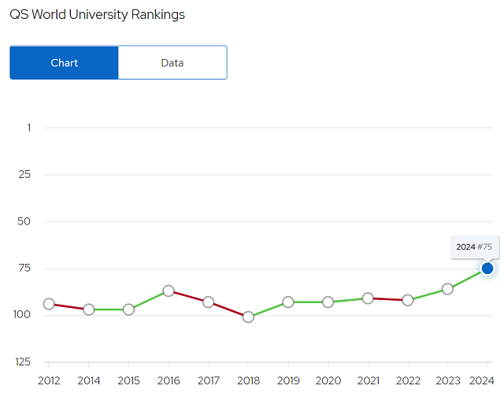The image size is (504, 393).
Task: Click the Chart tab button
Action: [x=65, y=63]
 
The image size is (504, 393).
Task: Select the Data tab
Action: [x=172, y=63]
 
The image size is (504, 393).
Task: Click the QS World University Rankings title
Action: [x=97, y=15]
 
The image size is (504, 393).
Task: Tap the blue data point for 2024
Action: [x=487, y=269]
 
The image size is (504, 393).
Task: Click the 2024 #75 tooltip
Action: [x=475, y=247]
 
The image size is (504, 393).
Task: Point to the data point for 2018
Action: [x=248, y=317]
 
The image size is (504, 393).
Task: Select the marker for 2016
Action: [x=169, y=291]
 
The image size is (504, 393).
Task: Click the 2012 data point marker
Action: [x=49, y=304]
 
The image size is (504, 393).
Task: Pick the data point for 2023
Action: [x=447, y=289]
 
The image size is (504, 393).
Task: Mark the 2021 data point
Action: [x=368, y=298]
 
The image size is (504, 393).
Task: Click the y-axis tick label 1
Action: [x=29, y=128]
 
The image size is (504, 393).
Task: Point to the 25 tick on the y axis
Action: [x=24, y=175]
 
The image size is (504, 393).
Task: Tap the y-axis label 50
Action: [x=24, y=221]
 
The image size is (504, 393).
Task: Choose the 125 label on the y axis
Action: [x=23, y=361]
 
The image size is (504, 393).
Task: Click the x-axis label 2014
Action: [x=89, y=380]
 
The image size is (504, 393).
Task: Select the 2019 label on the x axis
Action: [x=288, y=380]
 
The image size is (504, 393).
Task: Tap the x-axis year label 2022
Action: [x=408, y=380]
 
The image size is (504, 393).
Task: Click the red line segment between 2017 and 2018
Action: [x=228, y=310]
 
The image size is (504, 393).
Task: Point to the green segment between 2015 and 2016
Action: [x=149, y=300]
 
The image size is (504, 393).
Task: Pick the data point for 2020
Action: [x=328, y=302]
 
